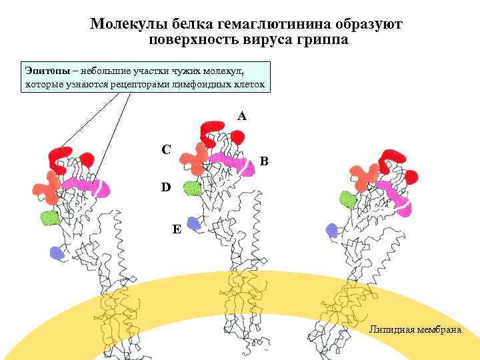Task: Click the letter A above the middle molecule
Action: tap(241, 116)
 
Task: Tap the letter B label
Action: tap(265, 161)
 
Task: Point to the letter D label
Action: tap(165, 188)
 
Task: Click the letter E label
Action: tap(176, 229)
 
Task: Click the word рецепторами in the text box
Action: tap(157, 85)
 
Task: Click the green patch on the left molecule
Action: tap(49, 217)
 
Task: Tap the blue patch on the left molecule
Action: tap(57, 252)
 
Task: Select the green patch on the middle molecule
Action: tap(193, 188)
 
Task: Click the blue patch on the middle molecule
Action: tap(193, 223)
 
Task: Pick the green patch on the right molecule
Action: tap(347, 199)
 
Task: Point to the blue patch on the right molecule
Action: tap(331, 231)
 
